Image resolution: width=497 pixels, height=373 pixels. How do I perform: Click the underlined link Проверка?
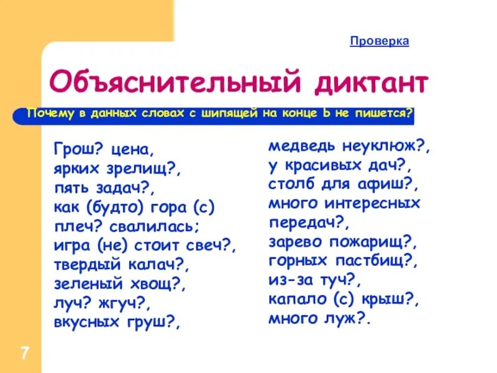pyautogui.click(x=379, y=41)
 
